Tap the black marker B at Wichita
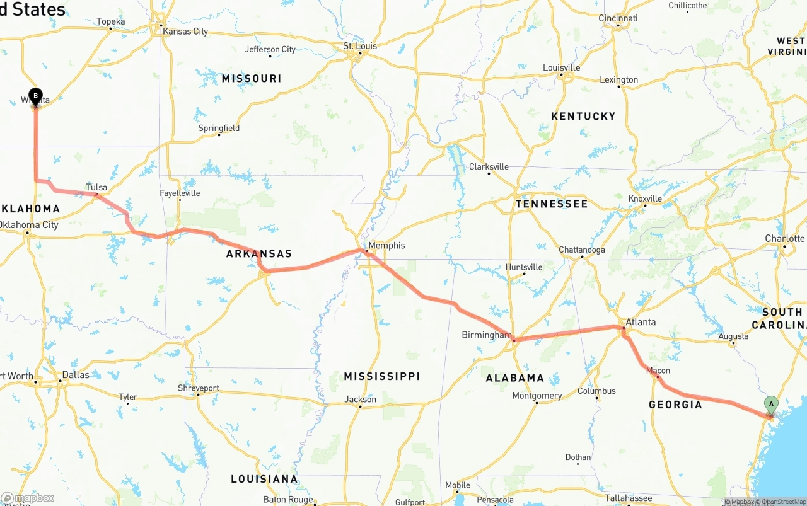(35, 96)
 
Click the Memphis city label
(386, 246)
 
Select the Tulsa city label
(96, 188)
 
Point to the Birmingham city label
(486, 335)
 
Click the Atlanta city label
(640, 322)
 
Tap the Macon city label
(658, 371)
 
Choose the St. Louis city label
(360, 46)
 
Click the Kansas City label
(185, 32)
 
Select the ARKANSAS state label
(259, 254)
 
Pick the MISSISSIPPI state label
(381, 376)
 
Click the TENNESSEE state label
(551, 204)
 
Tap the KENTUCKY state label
(583, 116)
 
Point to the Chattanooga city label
(581, 250)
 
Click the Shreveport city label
(199, 388)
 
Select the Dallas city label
(76, 374)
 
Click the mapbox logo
(27, 498)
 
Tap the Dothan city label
(578, 457)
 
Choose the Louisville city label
(561, 67)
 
